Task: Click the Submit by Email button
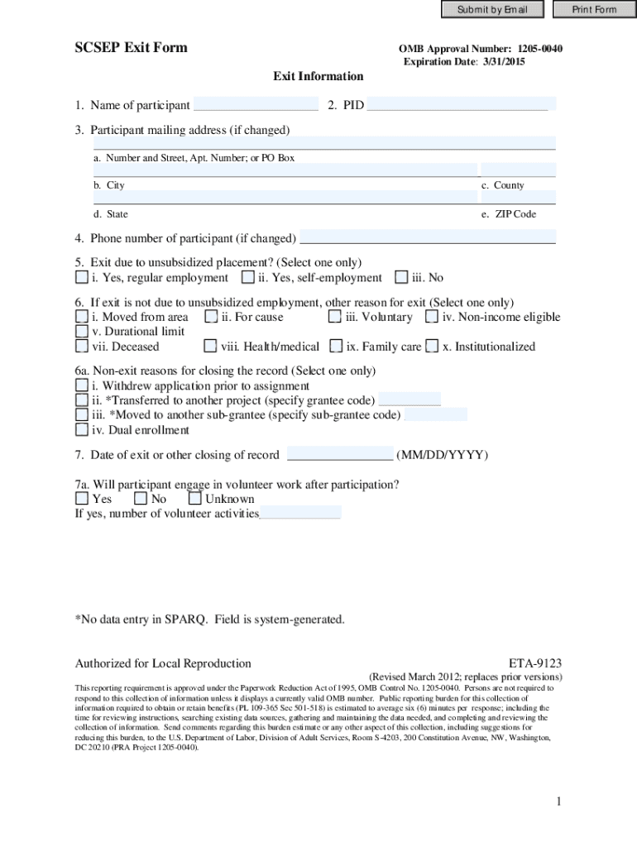[x=491, y=10]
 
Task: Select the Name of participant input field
[x=256, y=105]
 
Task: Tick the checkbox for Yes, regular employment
[x=81, y=278]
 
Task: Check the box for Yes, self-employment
[x=248, y=278]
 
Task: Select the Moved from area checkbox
[x=81, y=317]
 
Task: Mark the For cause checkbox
[x=211, y=317]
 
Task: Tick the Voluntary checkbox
[x=335, y=317]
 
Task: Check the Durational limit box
[x=81, y=332]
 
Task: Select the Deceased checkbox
[x=81, y=347]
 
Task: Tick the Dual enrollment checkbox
[x=81, y=430]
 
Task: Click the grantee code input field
[x=409, y=400]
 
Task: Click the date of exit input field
[x=339, y=455]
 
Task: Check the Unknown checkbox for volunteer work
[x=195, y=499]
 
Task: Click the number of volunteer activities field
[x=300, y=513]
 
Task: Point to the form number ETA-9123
[x=535, y=663]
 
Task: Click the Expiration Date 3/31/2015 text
[x=464, y=62]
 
